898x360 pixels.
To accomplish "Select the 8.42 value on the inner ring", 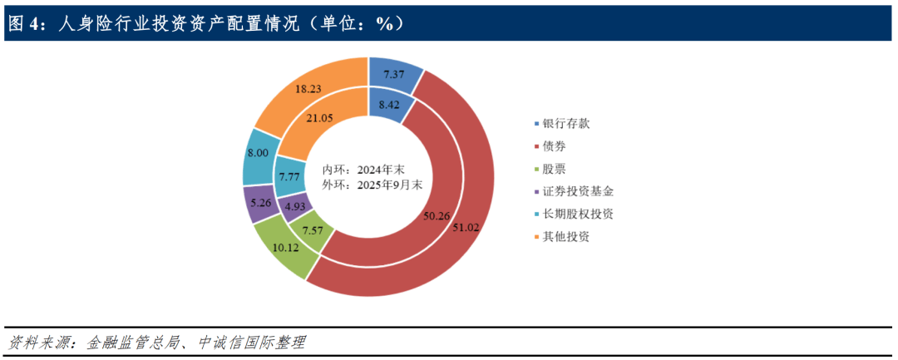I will tap(390, 105).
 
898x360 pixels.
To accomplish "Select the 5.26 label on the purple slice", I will tap(260, 202).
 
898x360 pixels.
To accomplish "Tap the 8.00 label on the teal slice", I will tap(257, 154).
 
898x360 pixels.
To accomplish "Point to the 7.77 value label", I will tap(291, 175).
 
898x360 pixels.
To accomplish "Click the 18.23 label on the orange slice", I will tap(310, 87).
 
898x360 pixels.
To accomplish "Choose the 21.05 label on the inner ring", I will tap(319, 119).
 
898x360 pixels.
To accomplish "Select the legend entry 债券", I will tap(555, 145).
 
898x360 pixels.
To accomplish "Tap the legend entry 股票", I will tap(555, 168).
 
